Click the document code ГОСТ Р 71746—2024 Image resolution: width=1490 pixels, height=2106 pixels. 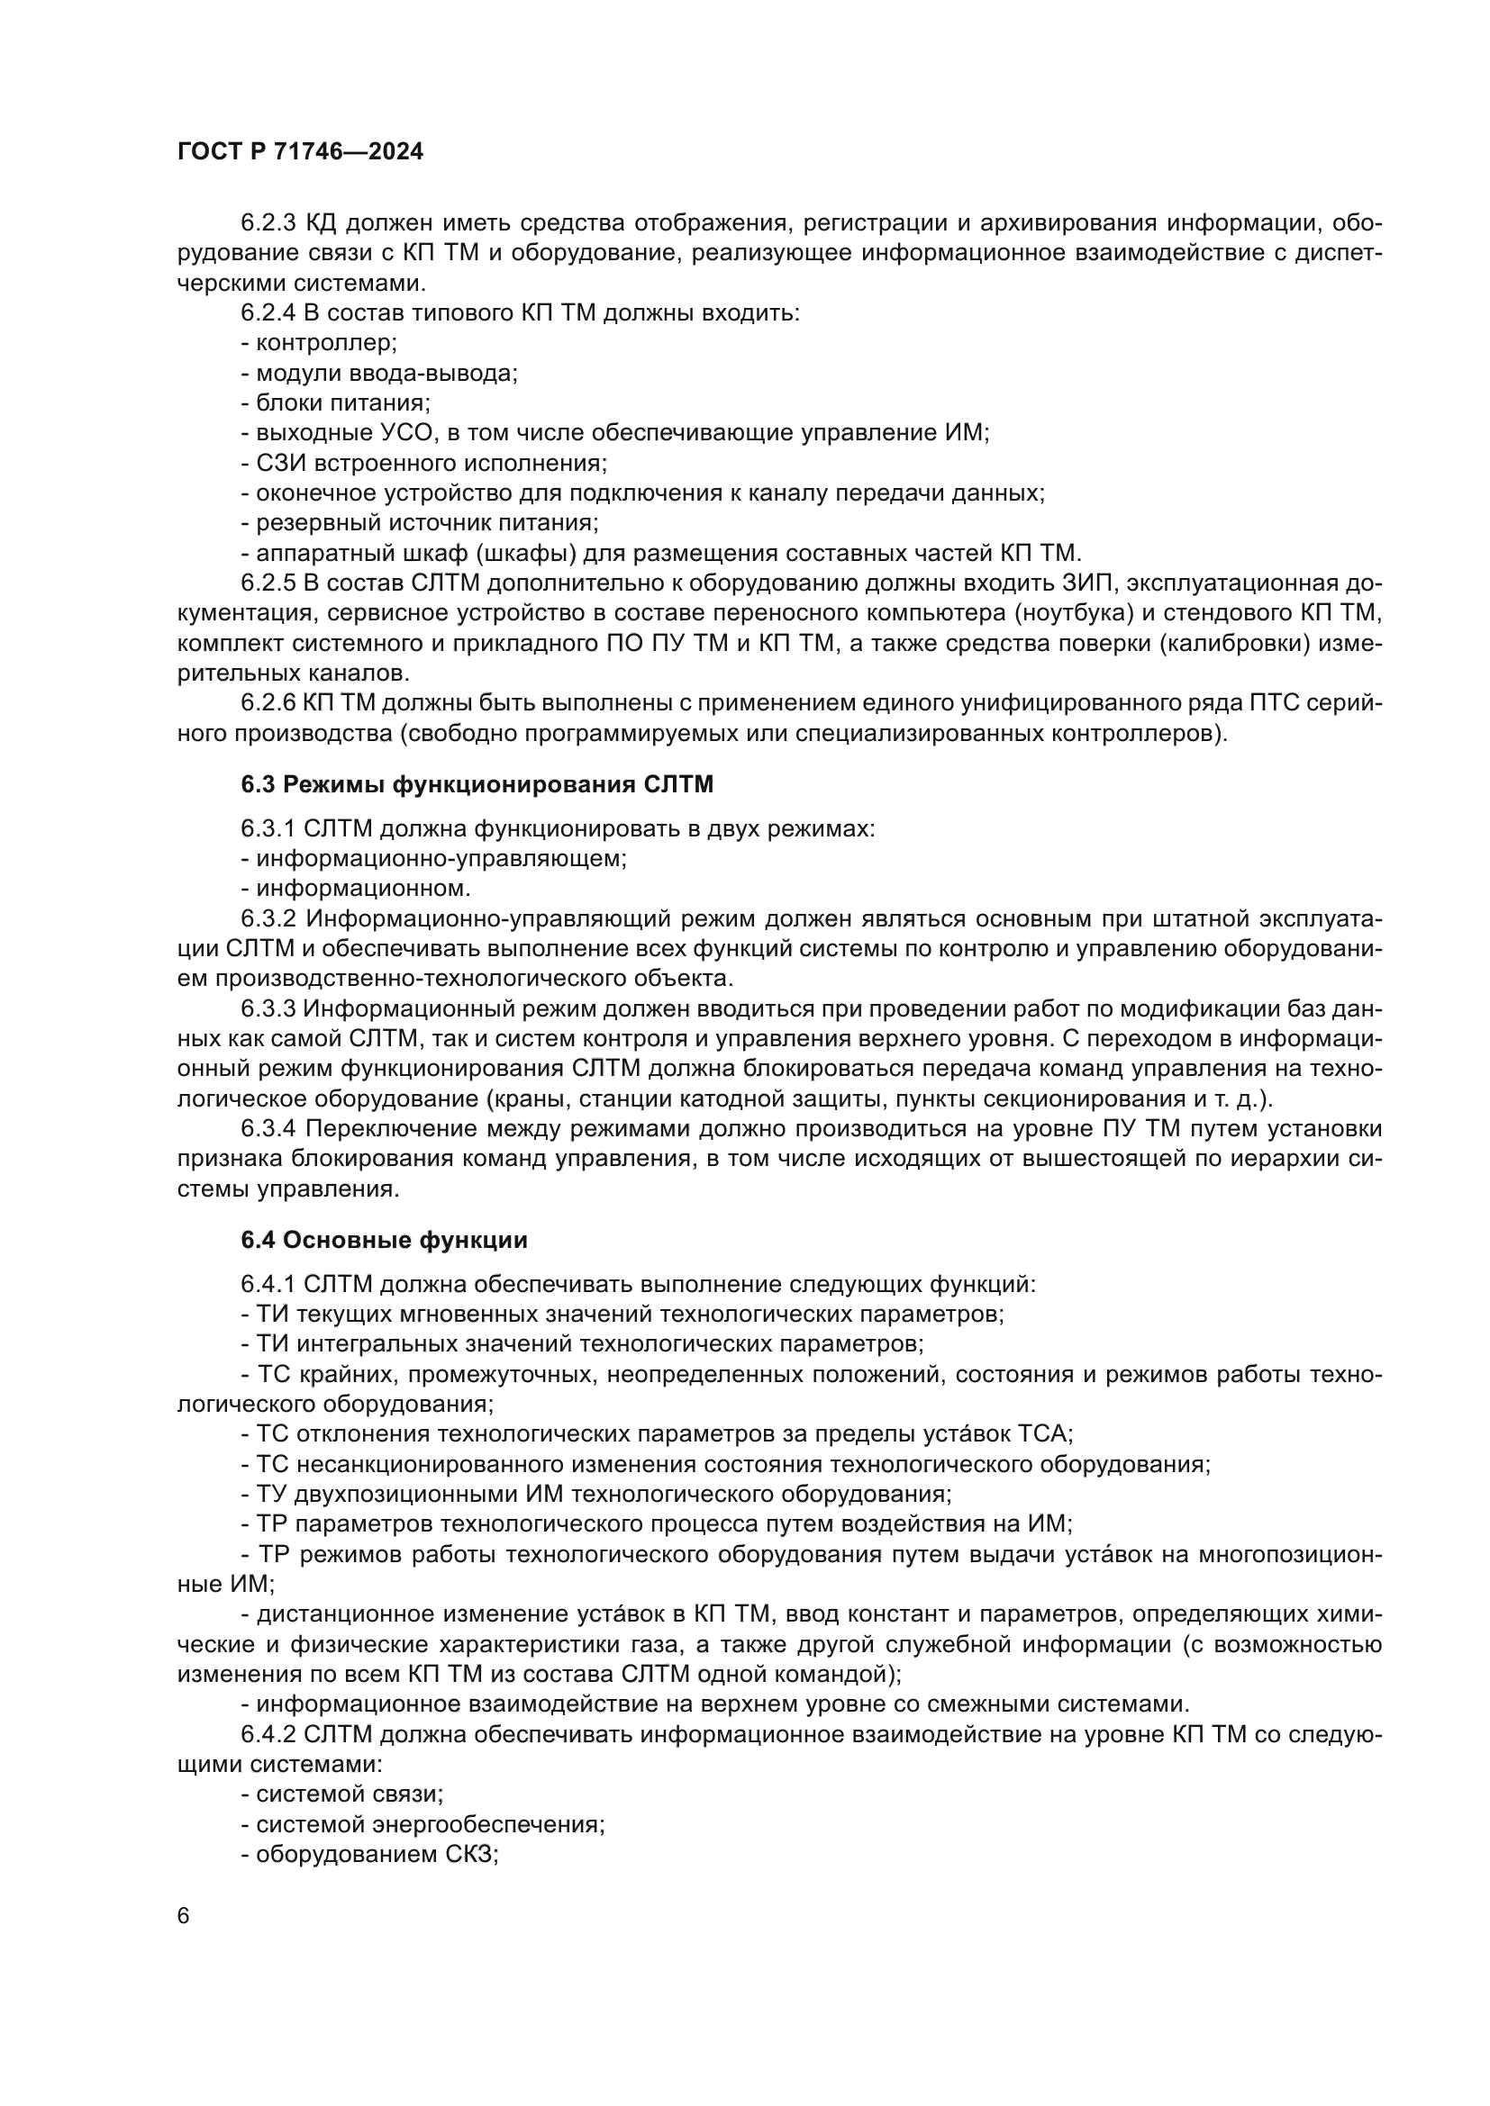[x=300, y=152]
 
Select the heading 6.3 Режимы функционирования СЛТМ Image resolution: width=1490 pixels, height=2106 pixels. [x=477, y=784]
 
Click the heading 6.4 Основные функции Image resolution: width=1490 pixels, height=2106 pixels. [x=385, y=1240]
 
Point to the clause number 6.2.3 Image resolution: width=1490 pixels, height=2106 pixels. [x=268, y=223]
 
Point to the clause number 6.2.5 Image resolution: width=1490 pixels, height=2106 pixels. [x=268, y=583]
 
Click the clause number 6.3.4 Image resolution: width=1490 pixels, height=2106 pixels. [x=268, y=1128]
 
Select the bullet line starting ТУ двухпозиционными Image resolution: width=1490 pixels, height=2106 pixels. [x=596, y=1493]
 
